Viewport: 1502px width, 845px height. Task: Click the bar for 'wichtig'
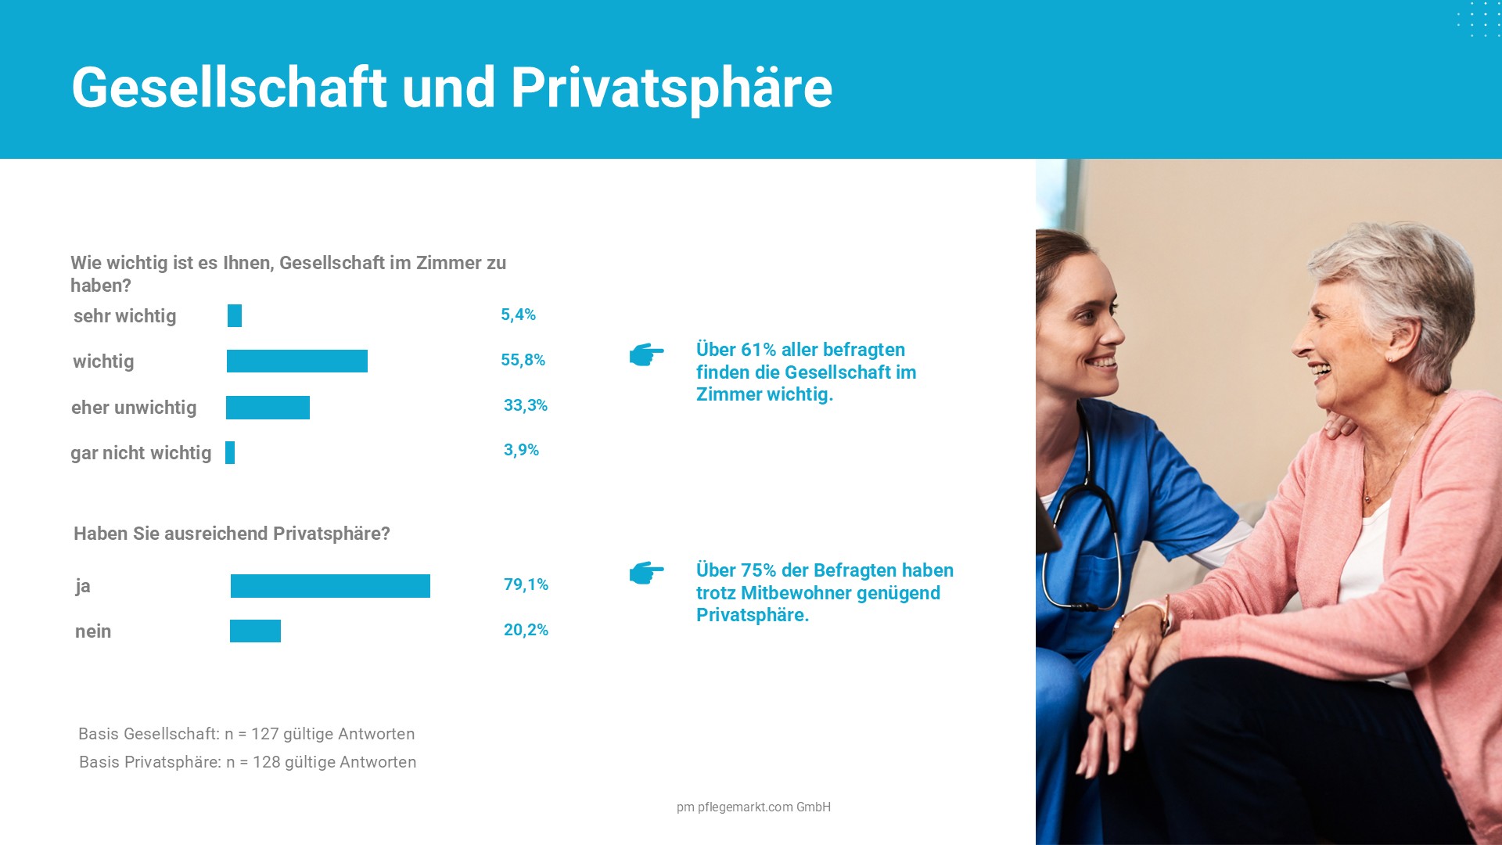[297, 361]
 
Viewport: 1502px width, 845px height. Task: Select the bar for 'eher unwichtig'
[268, 408]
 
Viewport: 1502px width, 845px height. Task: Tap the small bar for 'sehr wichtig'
[235, 315]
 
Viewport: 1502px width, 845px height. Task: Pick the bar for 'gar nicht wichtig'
[230, 452]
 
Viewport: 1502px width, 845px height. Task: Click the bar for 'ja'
[330, 586]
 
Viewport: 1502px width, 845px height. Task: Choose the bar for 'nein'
[255, 631]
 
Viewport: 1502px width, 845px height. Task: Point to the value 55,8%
[523, 360]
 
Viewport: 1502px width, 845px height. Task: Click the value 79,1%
[526, 584]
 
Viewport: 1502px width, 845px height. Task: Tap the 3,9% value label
[521, 450]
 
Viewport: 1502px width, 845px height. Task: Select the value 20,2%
[526, 630]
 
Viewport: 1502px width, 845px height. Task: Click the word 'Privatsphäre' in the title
[671, 88]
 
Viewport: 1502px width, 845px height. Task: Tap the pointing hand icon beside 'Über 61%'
[646, 354]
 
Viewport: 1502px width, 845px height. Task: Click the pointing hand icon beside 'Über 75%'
[646, 573]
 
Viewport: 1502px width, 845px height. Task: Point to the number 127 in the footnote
[265, 734]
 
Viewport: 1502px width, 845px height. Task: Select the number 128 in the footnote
[267, 762]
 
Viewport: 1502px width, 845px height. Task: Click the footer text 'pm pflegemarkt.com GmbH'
[753, 807]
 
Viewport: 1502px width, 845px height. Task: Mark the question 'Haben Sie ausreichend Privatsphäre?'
[232, 534]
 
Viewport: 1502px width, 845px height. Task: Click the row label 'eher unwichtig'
[134, 408]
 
